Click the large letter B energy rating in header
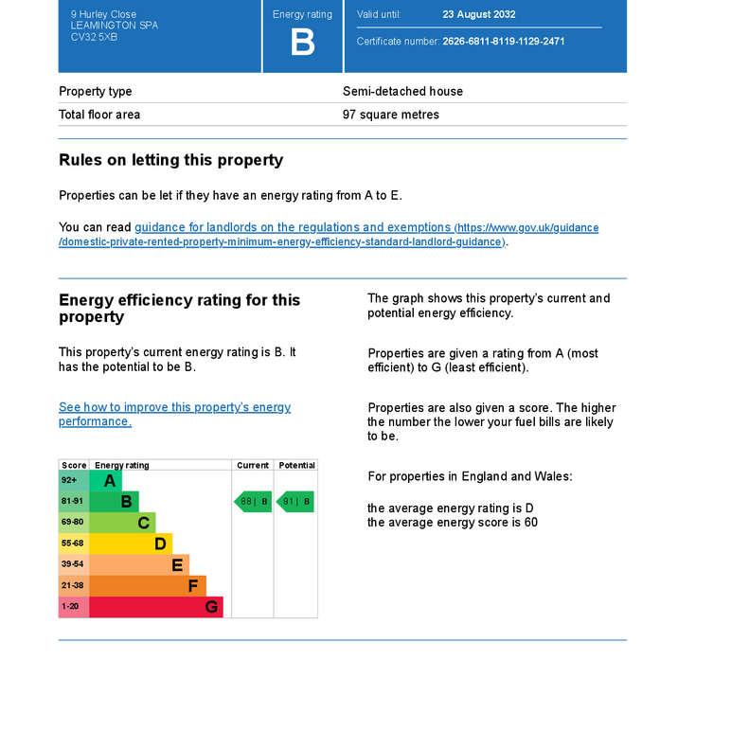click(302, 44)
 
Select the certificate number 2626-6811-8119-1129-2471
click(503, 42)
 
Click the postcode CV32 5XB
click(94, 37)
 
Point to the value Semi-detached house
click(402, 92)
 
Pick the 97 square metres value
click(390, 115)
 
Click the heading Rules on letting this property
click(170, 160)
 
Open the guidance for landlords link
click(293, 227)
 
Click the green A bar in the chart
click(106, 481)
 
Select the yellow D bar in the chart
click(131, 544)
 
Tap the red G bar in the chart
click(156, 606)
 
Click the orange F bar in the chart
click(148, 585)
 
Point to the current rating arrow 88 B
click(253, 502)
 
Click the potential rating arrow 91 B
click(294, 502)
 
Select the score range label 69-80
click(73, 523)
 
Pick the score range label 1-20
click(71, 606)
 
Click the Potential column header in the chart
click(296, 466)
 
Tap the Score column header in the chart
click(74, 466)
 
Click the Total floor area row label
click(99, 115)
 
